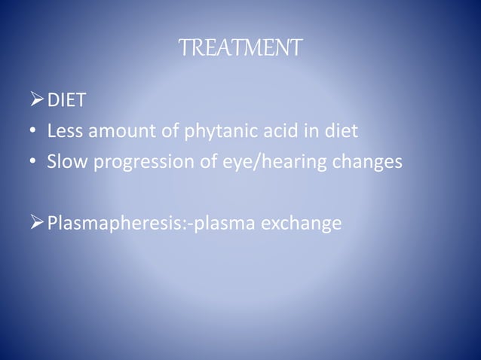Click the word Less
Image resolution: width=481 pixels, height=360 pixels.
[x=63, y=133]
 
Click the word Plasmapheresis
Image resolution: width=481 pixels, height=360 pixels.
[x=118, y=225]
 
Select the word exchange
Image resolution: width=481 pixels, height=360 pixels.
[x=298, y=224]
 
